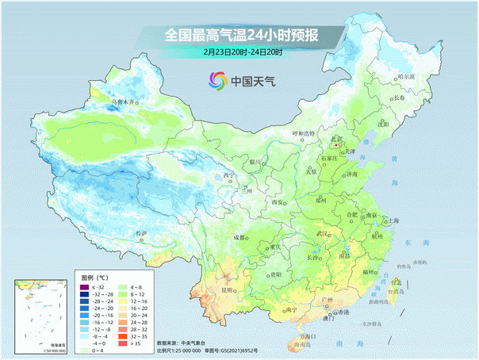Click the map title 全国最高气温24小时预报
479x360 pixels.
coord(241,36)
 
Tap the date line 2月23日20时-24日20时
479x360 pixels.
coord(242,52)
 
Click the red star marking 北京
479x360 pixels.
coord(336,146)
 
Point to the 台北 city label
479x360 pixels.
coord(396,281)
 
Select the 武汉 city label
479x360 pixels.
coord(322,234)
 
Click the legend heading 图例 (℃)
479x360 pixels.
coord(94,277)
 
